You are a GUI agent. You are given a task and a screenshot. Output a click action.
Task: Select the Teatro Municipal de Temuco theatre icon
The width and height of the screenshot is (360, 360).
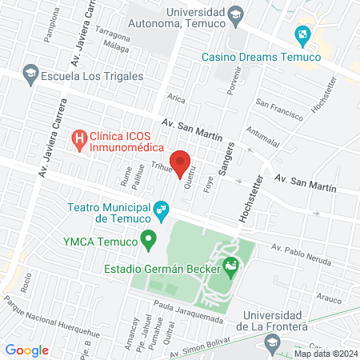coord(162,212)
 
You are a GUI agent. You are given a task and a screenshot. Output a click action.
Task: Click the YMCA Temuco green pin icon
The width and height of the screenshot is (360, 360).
coord(147,238)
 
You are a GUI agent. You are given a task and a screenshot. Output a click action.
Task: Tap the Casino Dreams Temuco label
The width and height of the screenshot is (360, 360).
coord(261,57)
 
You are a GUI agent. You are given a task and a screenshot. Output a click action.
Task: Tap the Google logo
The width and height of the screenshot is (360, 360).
coord(27,350)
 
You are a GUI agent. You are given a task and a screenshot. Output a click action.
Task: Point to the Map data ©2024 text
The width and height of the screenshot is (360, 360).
coord(324,353)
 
